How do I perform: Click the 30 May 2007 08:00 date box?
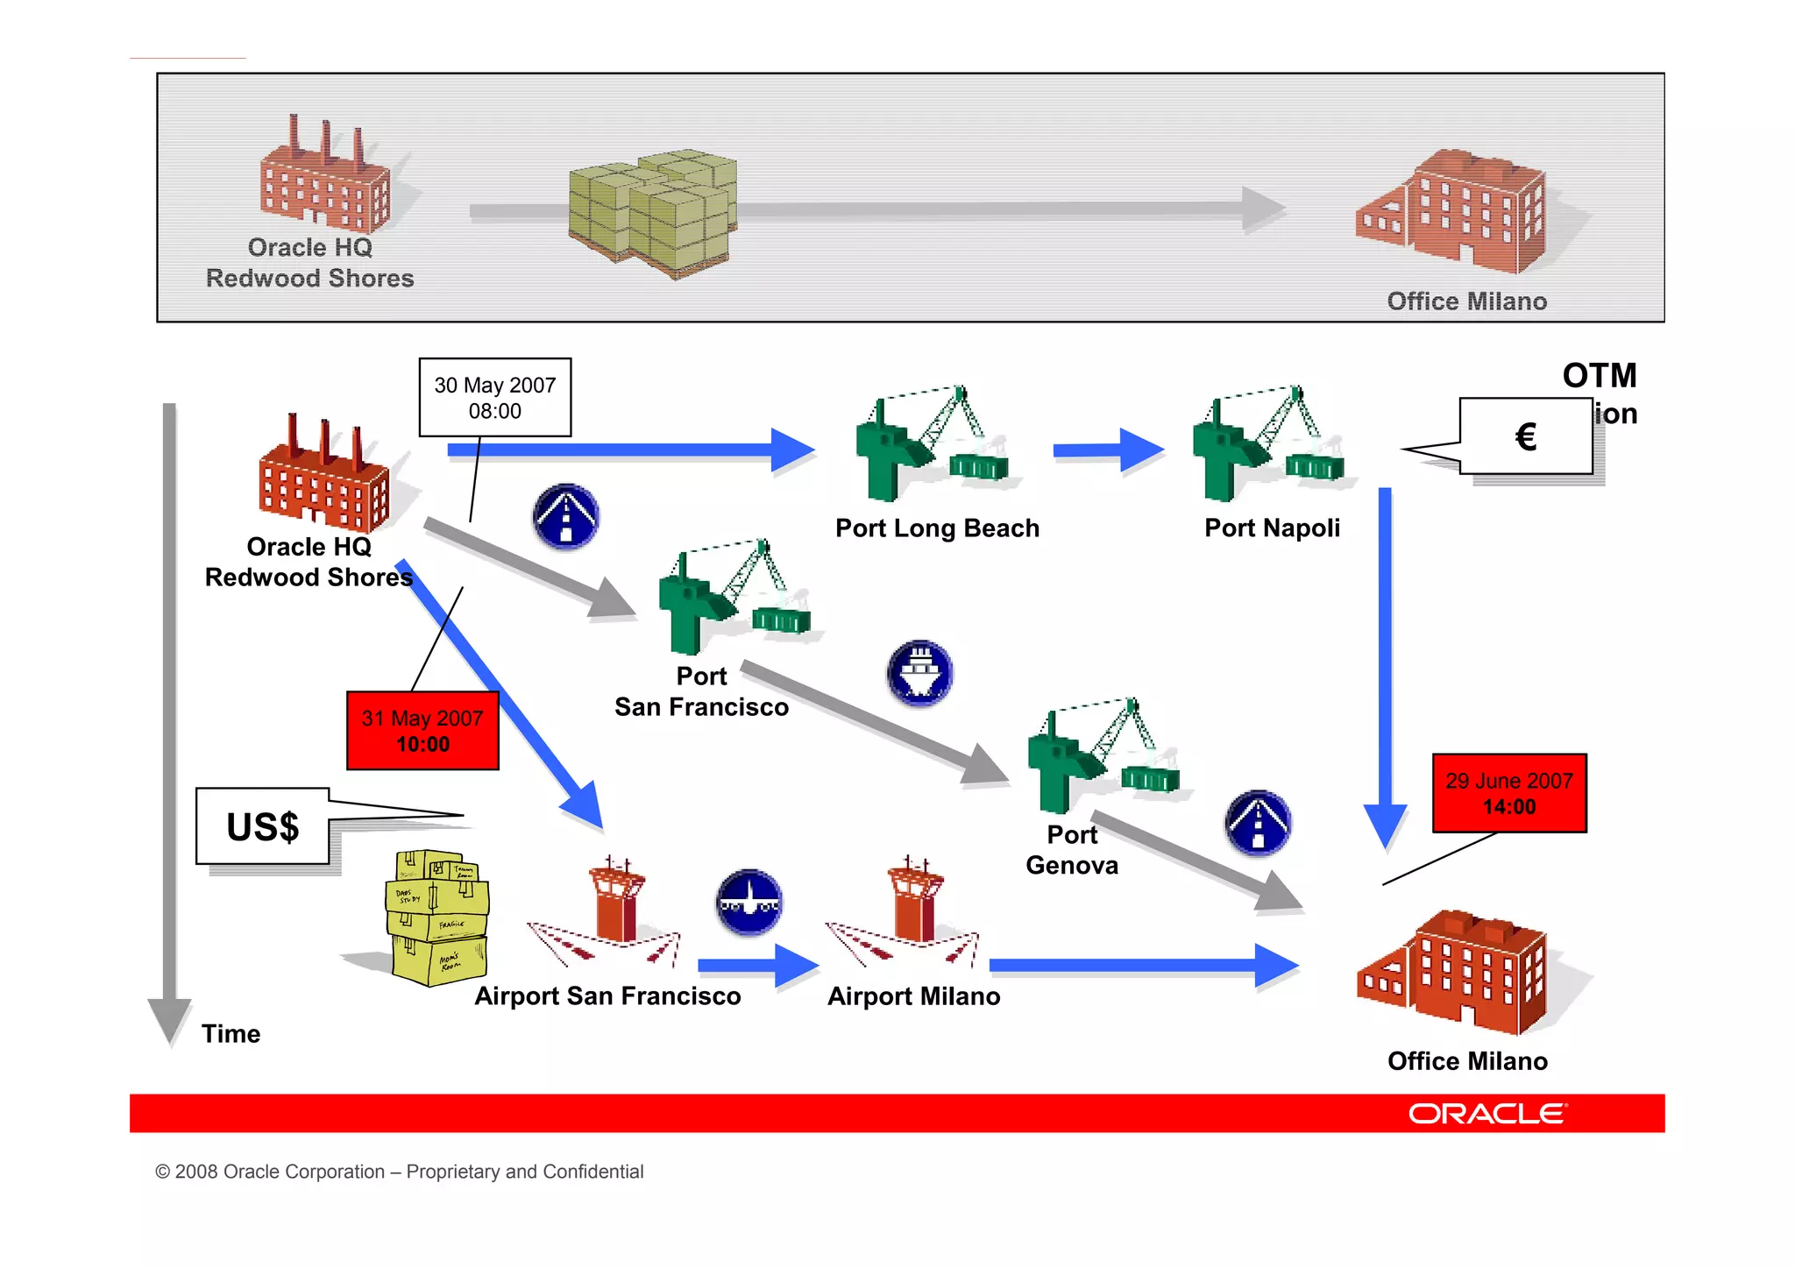(x=494, y=397)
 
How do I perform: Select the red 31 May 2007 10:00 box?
(x=422, y=731)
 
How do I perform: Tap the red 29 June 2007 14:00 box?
(x=1508, y=793)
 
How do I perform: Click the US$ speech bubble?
(x=263, y=826)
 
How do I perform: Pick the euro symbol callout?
(x=1525, y=436)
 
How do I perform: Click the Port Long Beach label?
(x=937, y=528)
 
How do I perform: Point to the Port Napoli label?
(x=1272, y=528)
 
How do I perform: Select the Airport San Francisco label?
(x=607, y=996)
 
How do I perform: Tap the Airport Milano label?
(x=913, y=996)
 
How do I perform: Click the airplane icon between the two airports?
(x=749, y=902)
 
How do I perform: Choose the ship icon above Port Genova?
(x=919, y=673)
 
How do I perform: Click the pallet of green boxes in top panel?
(x=653, y=212)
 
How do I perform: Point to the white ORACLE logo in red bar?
(x=1486, y=1114)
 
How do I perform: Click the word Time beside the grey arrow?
(x=231, y=1034)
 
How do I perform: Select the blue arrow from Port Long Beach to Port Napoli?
(x=1108, y=450)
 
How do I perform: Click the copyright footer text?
(x=399, y=1172)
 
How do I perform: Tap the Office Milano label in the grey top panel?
(x=1466, y=301)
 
